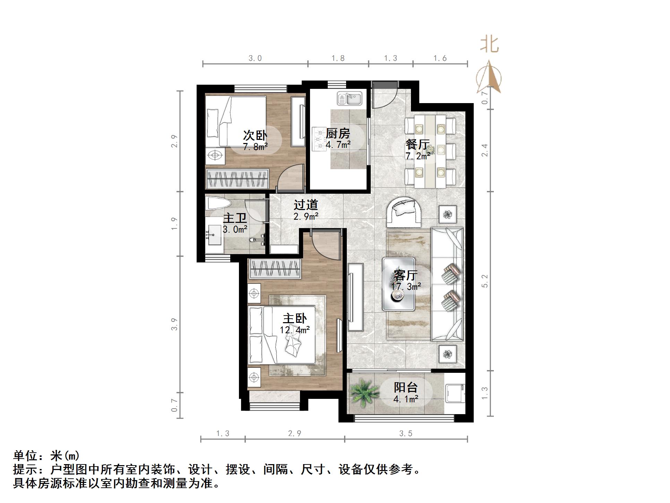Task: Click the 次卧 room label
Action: coord(255,135)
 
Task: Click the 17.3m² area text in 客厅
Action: coord(406,287)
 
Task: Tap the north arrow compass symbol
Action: coord(489,78)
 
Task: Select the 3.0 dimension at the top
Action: coord(255,58)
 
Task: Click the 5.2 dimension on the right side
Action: coord(485,281)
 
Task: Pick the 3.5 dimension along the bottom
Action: coord(406,434)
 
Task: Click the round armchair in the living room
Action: coord(404,211)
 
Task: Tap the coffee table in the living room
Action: coord(399,284)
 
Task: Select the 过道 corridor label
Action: coord(306,205)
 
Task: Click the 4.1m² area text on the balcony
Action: coord(406,399)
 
